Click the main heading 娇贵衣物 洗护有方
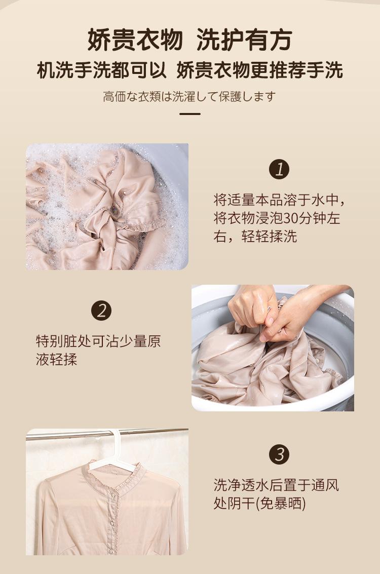click(189, 40)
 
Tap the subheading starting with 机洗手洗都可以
click(189, 70)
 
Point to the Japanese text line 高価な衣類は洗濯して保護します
click(189, 97)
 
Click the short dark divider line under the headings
click(190, 114)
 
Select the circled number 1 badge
click(279, 169)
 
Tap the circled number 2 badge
click(101, 311)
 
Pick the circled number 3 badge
click(279, 454)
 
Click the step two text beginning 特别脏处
click(98, 351)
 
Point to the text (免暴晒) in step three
click(280, 504)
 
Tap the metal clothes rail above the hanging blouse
click(107, 434)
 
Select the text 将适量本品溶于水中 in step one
click(276, 201)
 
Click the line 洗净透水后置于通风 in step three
click(276, 485)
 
